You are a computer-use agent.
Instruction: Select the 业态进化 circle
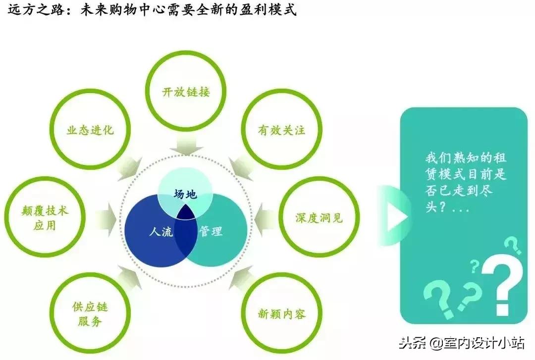(x=90, y=130)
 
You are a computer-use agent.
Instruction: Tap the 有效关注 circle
(x=281, y=130)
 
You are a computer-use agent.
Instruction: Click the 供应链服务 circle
(x=90, y=313)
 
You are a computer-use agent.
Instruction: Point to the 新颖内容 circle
(x=281, y=313)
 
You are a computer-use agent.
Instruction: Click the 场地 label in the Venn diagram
(x=185, y=194)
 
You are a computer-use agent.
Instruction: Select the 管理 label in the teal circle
(x=211, y=231)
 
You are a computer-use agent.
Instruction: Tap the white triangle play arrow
(x=396, y=216)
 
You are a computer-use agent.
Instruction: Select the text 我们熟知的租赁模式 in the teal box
(x=466, y=166)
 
